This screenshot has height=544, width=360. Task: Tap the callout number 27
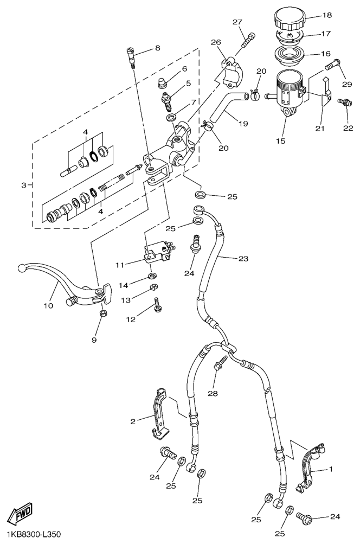(x=237, y=22)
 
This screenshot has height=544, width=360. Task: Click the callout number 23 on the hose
(x=242, y=259)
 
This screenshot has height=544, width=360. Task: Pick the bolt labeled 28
(x=221, y=367)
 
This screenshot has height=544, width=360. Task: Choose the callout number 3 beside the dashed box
(x=24, y=185)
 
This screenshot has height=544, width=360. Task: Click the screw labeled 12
(x=157, y=305)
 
